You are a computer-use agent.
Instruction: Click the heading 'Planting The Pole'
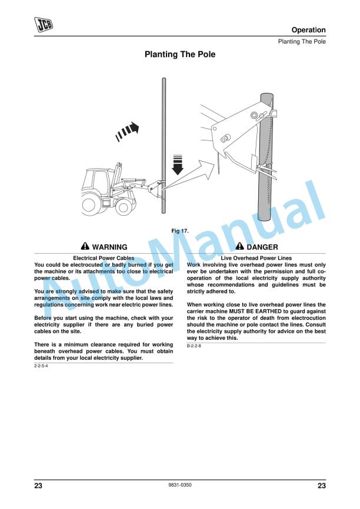pyautogui.click(x=180, y=55)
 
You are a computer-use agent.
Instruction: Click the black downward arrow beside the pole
pyautogui.click(x=178, y=164)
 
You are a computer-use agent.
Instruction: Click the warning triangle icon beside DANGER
pyautogui.click(x=240, y=247)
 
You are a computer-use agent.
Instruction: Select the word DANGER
pyautogui.click(x=262, y=247)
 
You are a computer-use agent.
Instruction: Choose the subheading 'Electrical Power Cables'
pyautogui.click(x=104, y=258)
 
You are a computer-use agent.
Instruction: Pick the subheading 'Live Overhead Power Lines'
pyautogui.click(x=256, y=258)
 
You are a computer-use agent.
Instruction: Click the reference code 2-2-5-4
pyautogui.click(x=41, y=366)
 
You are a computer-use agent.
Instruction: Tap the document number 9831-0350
pyautogui.click(x=180, y=485)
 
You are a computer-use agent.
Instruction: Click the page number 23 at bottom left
pyautogui.click(x=39, y=485)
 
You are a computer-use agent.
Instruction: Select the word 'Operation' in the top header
pyautogui.click(x=308, y=30)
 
